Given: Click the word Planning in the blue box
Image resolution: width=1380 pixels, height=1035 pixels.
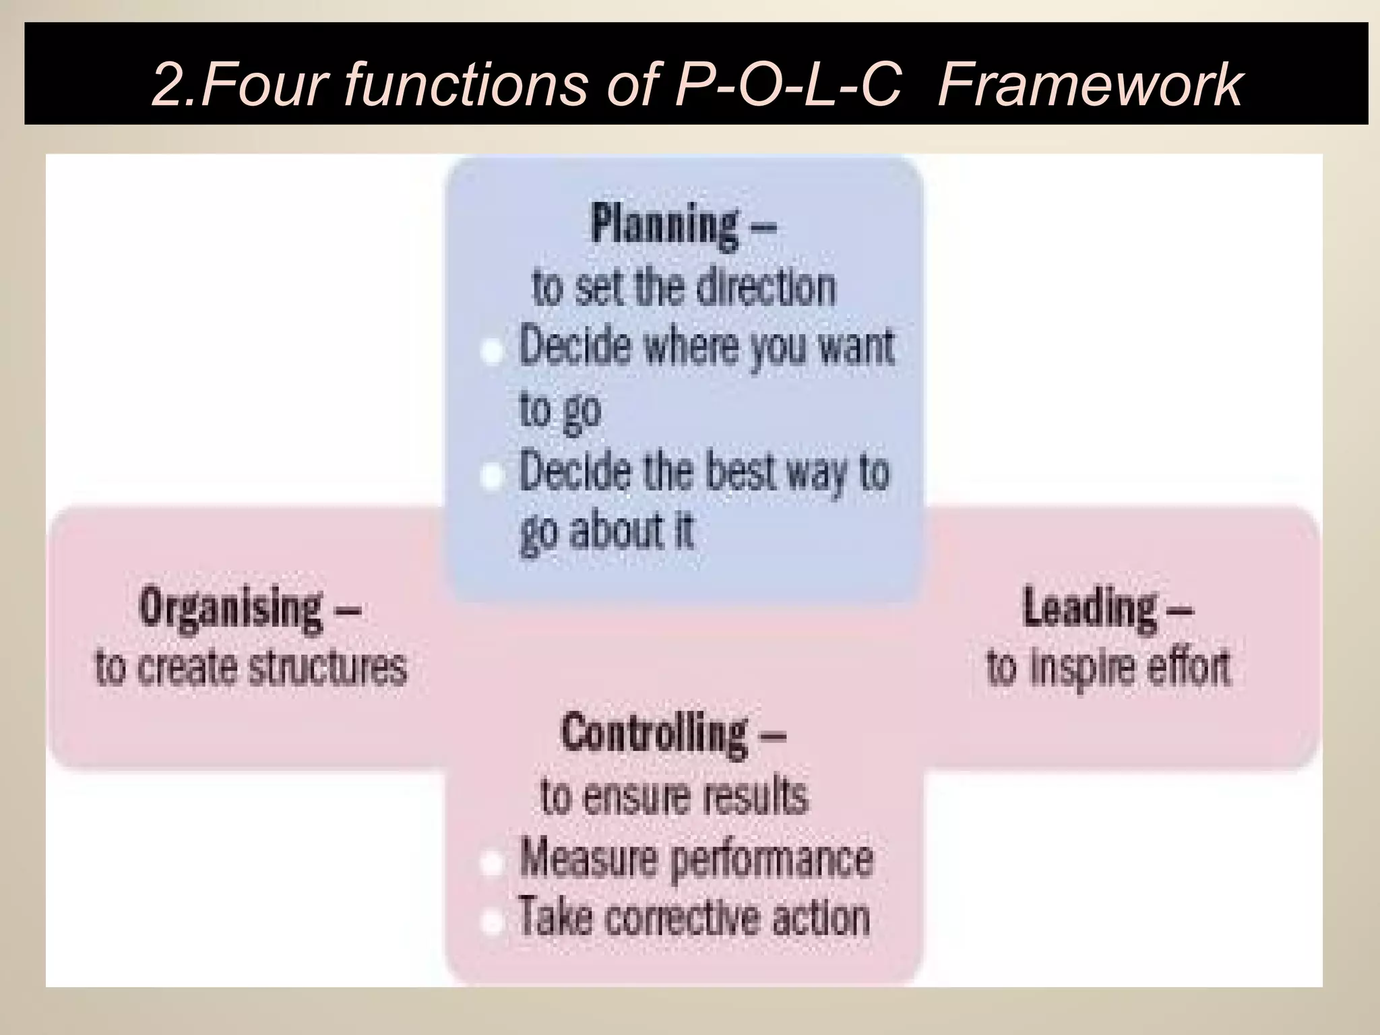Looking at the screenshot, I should (664, 226).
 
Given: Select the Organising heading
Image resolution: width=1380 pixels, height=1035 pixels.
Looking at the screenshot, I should (230, 608).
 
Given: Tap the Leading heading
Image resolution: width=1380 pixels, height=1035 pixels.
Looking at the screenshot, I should (1089, 608).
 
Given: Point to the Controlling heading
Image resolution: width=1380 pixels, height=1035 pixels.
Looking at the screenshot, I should (654, 733).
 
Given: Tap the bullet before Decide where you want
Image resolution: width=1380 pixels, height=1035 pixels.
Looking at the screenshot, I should (493, 352).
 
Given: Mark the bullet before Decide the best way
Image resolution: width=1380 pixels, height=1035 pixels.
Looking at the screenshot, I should (493, 476).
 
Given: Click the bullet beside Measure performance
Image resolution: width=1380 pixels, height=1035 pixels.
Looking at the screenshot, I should (493, 863).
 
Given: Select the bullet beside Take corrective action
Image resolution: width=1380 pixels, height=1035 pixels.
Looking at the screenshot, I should (493, 921).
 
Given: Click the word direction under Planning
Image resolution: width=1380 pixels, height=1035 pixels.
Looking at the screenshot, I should (765, 288).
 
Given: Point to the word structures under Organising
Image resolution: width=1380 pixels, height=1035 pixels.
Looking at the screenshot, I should (327, 668).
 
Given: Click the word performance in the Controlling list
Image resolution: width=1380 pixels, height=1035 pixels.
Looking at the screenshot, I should (773, 860).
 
